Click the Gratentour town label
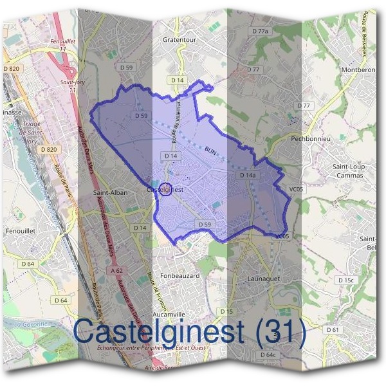[178, 38]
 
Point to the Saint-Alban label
[110, 192]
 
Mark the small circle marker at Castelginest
[165, 190]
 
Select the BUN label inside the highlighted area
[210, 149]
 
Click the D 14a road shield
[248, 175]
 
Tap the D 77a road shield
[260, 31]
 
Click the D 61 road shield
[333, 329]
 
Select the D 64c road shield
[268, 355]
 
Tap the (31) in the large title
[277, 331]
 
